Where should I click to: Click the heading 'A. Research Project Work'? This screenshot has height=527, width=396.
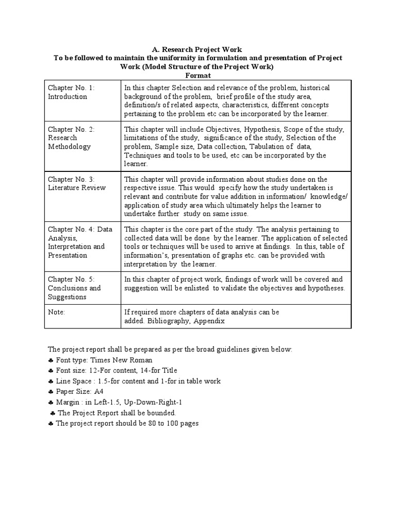196,49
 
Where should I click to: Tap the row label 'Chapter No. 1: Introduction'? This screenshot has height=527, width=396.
72,92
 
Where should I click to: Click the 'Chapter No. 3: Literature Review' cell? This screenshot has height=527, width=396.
76,183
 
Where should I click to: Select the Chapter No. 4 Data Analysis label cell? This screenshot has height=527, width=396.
80,242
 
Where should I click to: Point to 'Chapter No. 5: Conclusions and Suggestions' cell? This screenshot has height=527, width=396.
74,288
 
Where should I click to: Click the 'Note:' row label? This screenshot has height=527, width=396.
56,312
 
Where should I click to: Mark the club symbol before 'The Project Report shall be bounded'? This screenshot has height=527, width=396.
53,413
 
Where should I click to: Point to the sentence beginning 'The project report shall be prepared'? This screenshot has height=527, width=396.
170,349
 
